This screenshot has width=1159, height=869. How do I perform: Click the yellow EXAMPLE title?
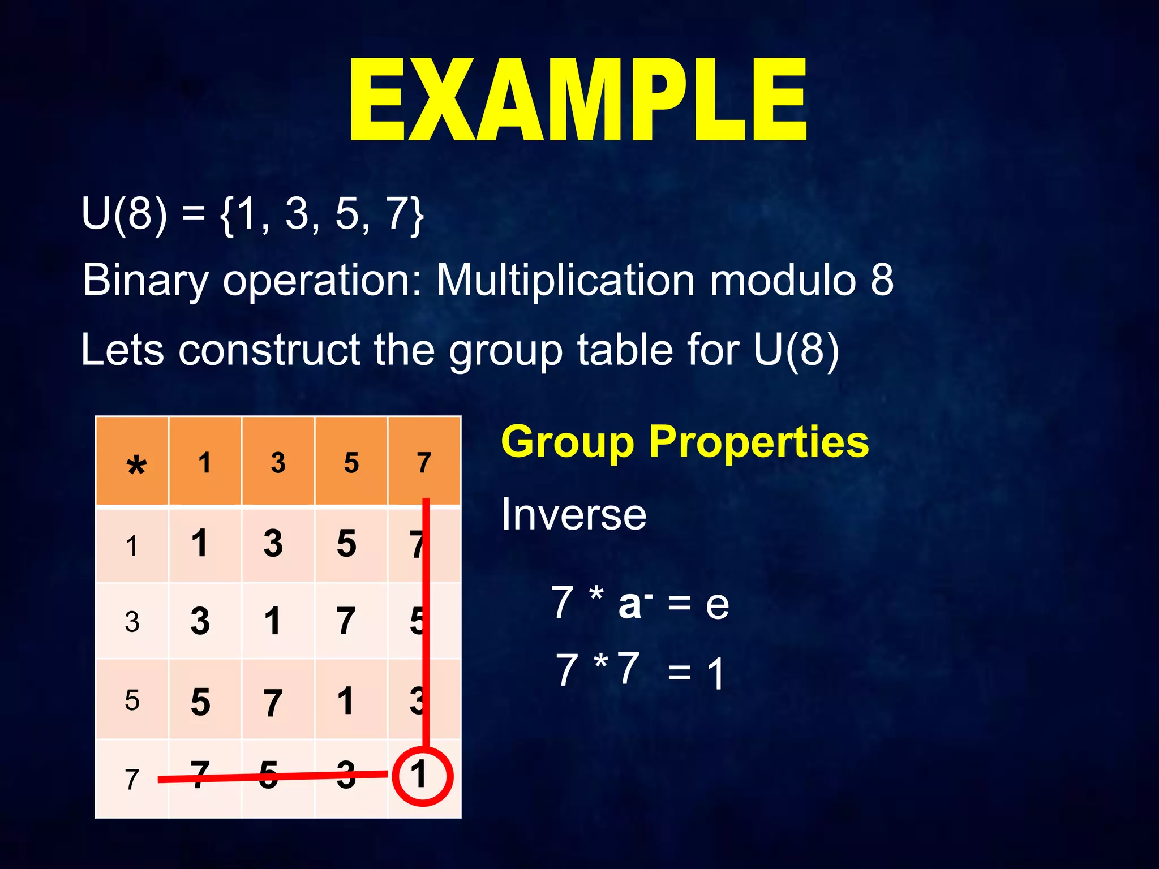578,100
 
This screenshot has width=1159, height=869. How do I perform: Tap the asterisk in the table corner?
136,466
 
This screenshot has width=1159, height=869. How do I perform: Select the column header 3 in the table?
278,463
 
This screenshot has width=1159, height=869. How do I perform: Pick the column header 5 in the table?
351,463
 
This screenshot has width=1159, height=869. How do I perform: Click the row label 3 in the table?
132,622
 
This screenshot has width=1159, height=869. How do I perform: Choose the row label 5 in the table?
132,700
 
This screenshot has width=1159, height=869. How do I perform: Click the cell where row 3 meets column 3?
273,621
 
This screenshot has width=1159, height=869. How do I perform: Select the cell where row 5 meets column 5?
346,700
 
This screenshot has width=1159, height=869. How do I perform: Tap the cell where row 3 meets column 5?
346,621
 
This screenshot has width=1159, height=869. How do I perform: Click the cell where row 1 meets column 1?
200,544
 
